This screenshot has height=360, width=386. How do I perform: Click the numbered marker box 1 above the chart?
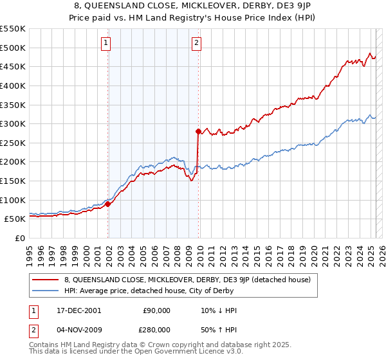coord(106,44)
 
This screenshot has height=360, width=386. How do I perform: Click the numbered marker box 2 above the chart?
coord(196,44)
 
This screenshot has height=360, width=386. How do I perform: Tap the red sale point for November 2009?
coord(198,131)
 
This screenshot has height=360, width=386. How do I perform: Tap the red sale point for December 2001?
coord(108,204)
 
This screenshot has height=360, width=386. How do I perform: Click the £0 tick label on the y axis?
coord(19,238)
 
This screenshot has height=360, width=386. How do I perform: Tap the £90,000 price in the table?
coord(156,310)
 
